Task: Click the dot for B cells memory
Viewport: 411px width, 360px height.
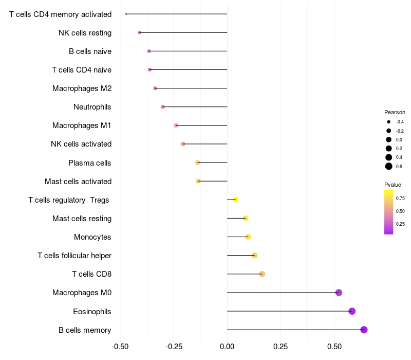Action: [364, 330]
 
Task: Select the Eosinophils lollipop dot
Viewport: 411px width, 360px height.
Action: [352, 311]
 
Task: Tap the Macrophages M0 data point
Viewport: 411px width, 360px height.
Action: [339, 293]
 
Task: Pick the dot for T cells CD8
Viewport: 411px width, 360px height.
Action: [262, 274]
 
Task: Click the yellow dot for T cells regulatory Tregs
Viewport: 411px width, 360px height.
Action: [236, 200]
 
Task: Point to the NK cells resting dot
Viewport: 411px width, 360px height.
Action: [139, 32]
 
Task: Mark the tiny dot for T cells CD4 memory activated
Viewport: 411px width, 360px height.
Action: [126, 14]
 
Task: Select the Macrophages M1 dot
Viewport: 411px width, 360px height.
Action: [176, 125]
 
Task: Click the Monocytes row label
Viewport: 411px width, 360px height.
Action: [92, 237]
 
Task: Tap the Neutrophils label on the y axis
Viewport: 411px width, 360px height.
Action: [92, 107]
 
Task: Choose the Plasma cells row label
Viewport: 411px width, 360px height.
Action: [89, 163]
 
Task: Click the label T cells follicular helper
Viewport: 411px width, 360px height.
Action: [74, 256]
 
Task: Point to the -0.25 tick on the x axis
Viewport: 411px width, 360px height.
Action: [174, 346]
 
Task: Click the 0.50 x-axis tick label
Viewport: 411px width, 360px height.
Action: [334, 346]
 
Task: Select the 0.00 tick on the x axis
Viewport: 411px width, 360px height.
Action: [227, 346]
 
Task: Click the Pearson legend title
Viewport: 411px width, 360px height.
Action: [395, 112]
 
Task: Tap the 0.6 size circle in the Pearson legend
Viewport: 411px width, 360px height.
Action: [389, 166]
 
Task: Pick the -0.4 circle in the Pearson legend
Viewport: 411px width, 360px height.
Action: [389, 122]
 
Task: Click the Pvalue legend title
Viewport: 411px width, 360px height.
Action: [393, 185]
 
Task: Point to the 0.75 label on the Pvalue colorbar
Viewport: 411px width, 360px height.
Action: [400, 199]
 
